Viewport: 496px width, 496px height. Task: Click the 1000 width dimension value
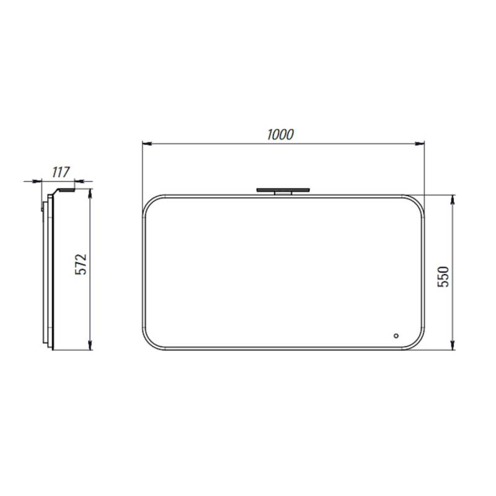(x=280, y=135)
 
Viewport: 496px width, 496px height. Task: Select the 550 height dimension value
(x=443, y=277)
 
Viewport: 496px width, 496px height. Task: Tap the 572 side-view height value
(x=81, y=264)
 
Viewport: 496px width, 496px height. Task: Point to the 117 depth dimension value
(x=61, y=172)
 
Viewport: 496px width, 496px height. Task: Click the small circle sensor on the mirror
(x=396, y=335)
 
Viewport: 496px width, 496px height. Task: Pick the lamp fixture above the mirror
(x=283, y=191)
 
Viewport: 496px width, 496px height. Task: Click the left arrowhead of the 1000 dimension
(x=147, y=144)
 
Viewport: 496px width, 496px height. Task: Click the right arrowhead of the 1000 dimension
(x=420, y=144)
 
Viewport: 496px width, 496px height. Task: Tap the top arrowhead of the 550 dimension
(x=453, y=199)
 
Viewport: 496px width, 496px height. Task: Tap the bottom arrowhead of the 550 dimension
(x=453, y=345)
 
